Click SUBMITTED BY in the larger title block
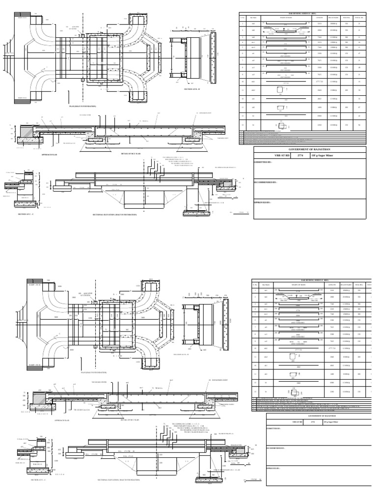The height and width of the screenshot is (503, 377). click(265, 162)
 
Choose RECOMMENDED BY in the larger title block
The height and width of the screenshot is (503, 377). click(268, 181)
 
